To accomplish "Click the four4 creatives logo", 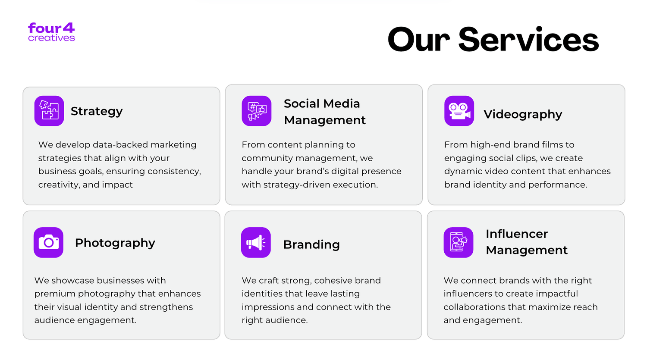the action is pos(51,32).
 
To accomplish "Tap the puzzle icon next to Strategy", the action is pos(49,111).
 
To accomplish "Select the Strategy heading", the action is pos(97,111).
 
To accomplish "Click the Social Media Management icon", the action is pos(257,111).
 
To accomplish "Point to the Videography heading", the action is pos(523,114).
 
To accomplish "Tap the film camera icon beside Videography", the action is pos(459,111).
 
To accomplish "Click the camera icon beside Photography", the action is pos(48,242).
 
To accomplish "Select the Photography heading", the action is pos(115,243).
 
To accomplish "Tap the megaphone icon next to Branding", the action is pos(256,242).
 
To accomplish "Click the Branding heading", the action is pos(311,244).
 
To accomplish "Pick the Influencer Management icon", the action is pos(459,242).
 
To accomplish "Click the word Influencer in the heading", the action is pos(517,234).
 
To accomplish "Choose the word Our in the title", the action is pos(419,40).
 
